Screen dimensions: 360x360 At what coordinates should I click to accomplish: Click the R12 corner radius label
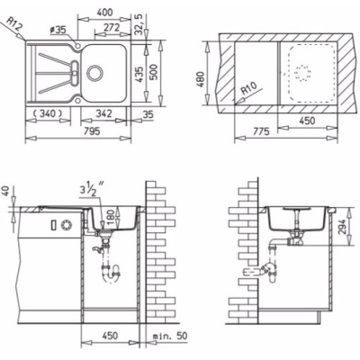click(14, 25)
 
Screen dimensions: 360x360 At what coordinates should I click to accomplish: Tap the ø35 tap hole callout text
click(58, 30)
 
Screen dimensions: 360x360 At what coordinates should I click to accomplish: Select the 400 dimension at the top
click(105, 13)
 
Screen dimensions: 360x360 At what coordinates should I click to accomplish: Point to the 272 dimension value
click(112, 28)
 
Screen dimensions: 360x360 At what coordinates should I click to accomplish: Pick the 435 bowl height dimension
click(139, 74)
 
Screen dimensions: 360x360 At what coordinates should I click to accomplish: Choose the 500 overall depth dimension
click(153, 72)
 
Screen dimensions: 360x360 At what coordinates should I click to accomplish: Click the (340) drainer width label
click(48, 113)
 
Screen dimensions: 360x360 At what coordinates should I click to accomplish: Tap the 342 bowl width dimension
click(103, 113)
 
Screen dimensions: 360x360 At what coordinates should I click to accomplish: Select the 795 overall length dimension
click(92, 131)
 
